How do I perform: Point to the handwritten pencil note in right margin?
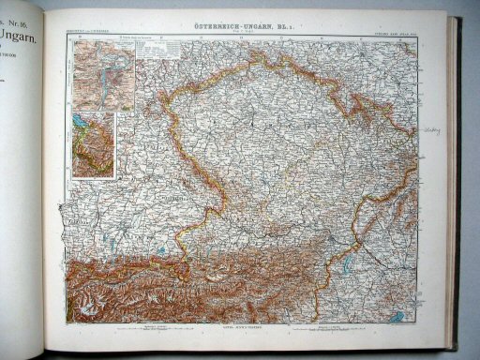pos(431,130)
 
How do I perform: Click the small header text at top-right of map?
pos(397,36)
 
